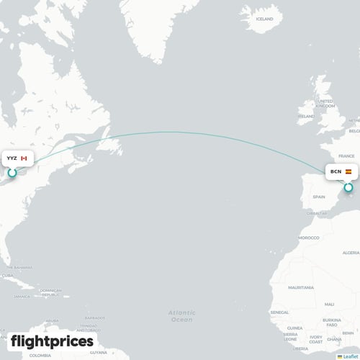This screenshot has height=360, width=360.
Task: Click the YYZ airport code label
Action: point(12,158)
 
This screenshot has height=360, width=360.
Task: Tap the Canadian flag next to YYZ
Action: point(24,158)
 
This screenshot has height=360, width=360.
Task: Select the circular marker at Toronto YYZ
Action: point(12,173)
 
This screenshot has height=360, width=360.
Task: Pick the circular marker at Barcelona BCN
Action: point(348,188)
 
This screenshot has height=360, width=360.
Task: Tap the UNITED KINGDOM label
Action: point(325,104)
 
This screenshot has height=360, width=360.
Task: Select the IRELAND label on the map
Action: point(306,115)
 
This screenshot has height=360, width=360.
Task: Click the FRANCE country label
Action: point(348,156)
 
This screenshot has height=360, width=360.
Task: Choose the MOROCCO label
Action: point(309,238)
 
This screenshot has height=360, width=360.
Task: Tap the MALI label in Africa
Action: point(329,304)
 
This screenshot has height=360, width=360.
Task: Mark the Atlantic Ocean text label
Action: point(182,315)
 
